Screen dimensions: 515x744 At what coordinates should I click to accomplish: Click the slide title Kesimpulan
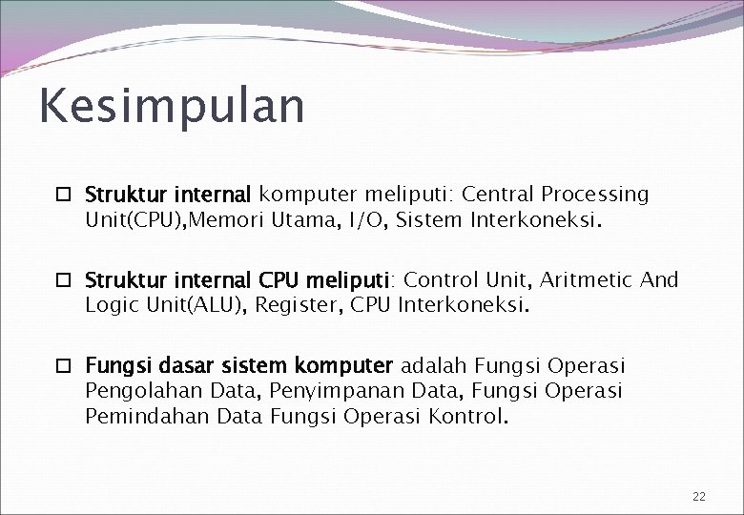pos(172,107)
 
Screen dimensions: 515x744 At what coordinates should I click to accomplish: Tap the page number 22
pos(699,497)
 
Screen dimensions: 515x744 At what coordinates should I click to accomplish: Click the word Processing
pos(595,196)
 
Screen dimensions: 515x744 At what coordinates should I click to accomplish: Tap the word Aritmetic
pos(588,280)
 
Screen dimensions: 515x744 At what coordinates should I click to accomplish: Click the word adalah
pos(433,366)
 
